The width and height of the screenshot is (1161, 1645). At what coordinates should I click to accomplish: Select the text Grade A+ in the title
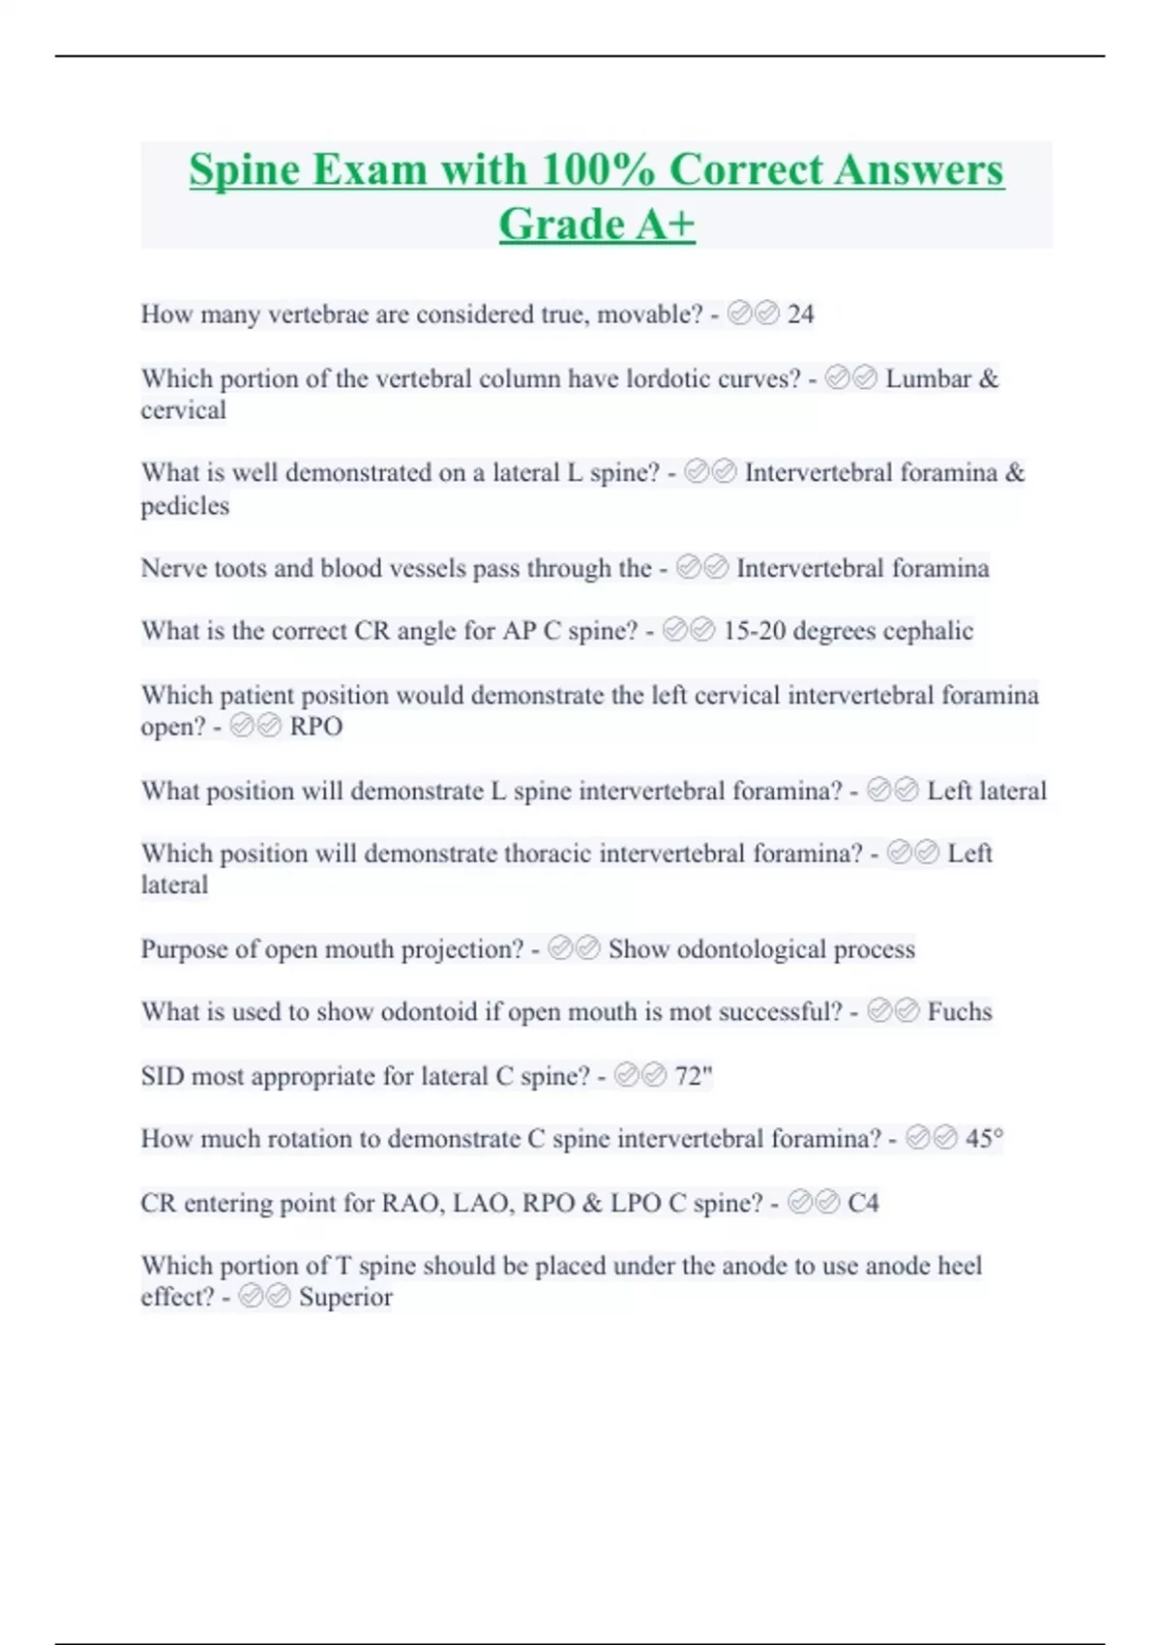tap(597, 224)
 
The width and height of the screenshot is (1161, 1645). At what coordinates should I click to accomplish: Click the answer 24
tap(800, 314)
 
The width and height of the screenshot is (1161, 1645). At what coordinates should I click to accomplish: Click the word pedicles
tap(185, 506)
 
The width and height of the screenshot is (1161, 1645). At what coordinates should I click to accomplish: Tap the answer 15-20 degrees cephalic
tap(848, 631)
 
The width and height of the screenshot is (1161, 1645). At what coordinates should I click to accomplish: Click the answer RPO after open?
tap(316, 727)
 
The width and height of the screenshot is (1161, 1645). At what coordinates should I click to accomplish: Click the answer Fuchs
tap(960, 1012)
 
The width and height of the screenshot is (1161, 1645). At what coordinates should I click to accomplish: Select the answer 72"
tap(694, 1076)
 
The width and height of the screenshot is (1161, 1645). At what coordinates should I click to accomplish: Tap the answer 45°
tap(984, 1139)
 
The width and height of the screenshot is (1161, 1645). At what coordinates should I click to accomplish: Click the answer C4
tap(863, 1203)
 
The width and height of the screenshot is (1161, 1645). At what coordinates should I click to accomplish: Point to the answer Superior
tap(345, 1298)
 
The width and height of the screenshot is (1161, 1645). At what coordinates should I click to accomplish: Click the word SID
tap(162, 1076)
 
